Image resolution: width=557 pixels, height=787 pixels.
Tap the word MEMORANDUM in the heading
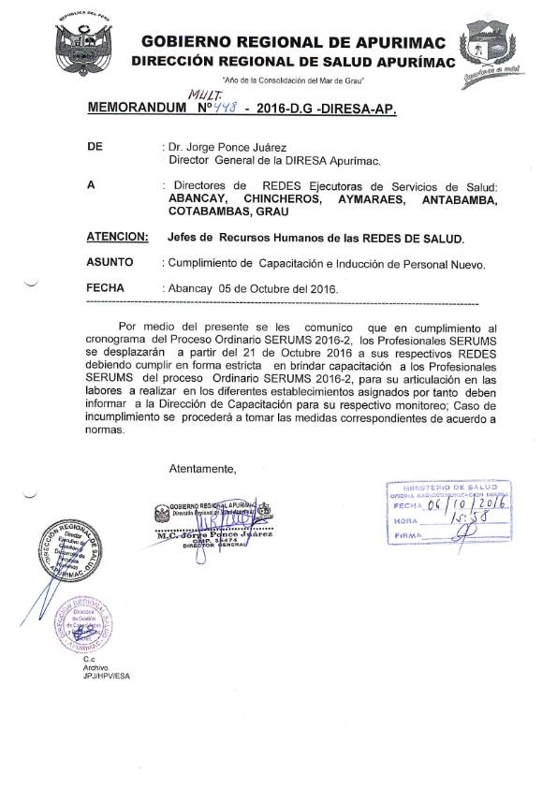(x=136, y=109)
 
